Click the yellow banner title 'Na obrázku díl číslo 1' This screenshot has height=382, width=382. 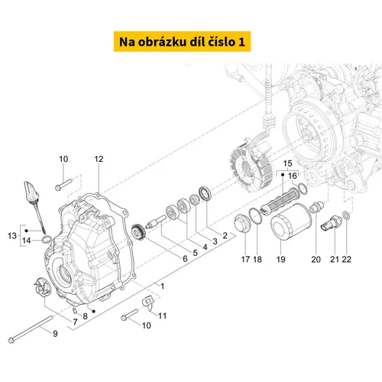point(182,41)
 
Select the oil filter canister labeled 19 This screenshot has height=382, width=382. point(291,222)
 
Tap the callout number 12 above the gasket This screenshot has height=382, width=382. point(99,159)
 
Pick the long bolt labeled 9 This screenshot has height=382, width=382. point(31,329)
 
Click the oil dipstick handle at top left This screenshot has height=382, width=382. point(31,192)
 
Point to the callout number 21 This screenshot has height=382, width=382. point(335,259)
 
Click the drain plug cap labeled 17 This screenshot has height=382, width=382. point(242,224)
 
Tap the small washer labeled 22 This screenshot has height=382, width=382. point(346,215)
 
